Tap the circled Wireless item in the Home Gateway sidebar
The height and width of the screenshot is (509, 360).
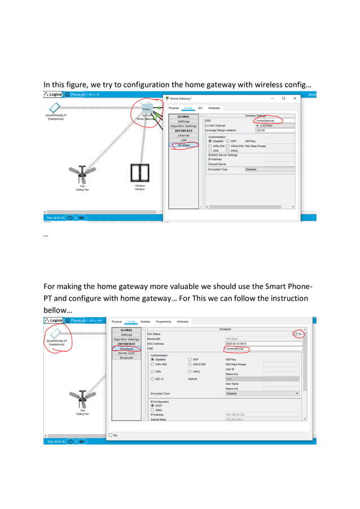click(x=183, y=145)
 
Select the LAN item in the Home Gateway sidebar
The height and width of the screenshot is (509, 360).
click(x=183, y=140)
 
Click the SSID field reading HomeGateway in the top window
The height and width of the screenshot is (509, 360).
click(x=274, y=120)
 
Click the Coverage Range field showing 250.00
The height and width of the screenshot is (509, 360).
click(x=274, y=130)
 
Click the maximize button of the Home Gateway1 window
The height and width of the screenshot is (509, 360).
click(x=283, y=98)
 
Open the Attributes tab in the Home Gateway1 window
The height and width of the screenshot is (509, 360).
click(x=214, y=108)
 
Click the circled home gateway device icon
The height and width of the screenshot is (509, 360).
click(x=147, y=108)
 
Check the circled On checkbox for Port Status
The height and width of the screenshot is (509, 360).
click(x=295, y=334)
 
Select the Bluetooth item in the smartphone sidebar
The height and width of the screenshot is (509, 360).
click(x=126, y=357)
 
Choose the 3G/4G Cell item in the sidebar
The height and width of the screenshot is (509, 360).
click(x=126, y=353)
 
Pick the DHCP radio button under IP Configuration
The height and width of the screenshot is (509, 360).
click(x=152, y=405)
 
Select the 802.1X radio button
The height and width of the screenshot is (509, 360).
click(x=152, y=379)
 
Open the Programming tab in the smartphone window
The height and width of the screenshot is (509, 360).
click(x=163, y=322)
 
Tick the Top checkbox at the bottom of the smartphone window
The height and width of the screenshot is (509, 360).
click(x=110, y=435)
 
